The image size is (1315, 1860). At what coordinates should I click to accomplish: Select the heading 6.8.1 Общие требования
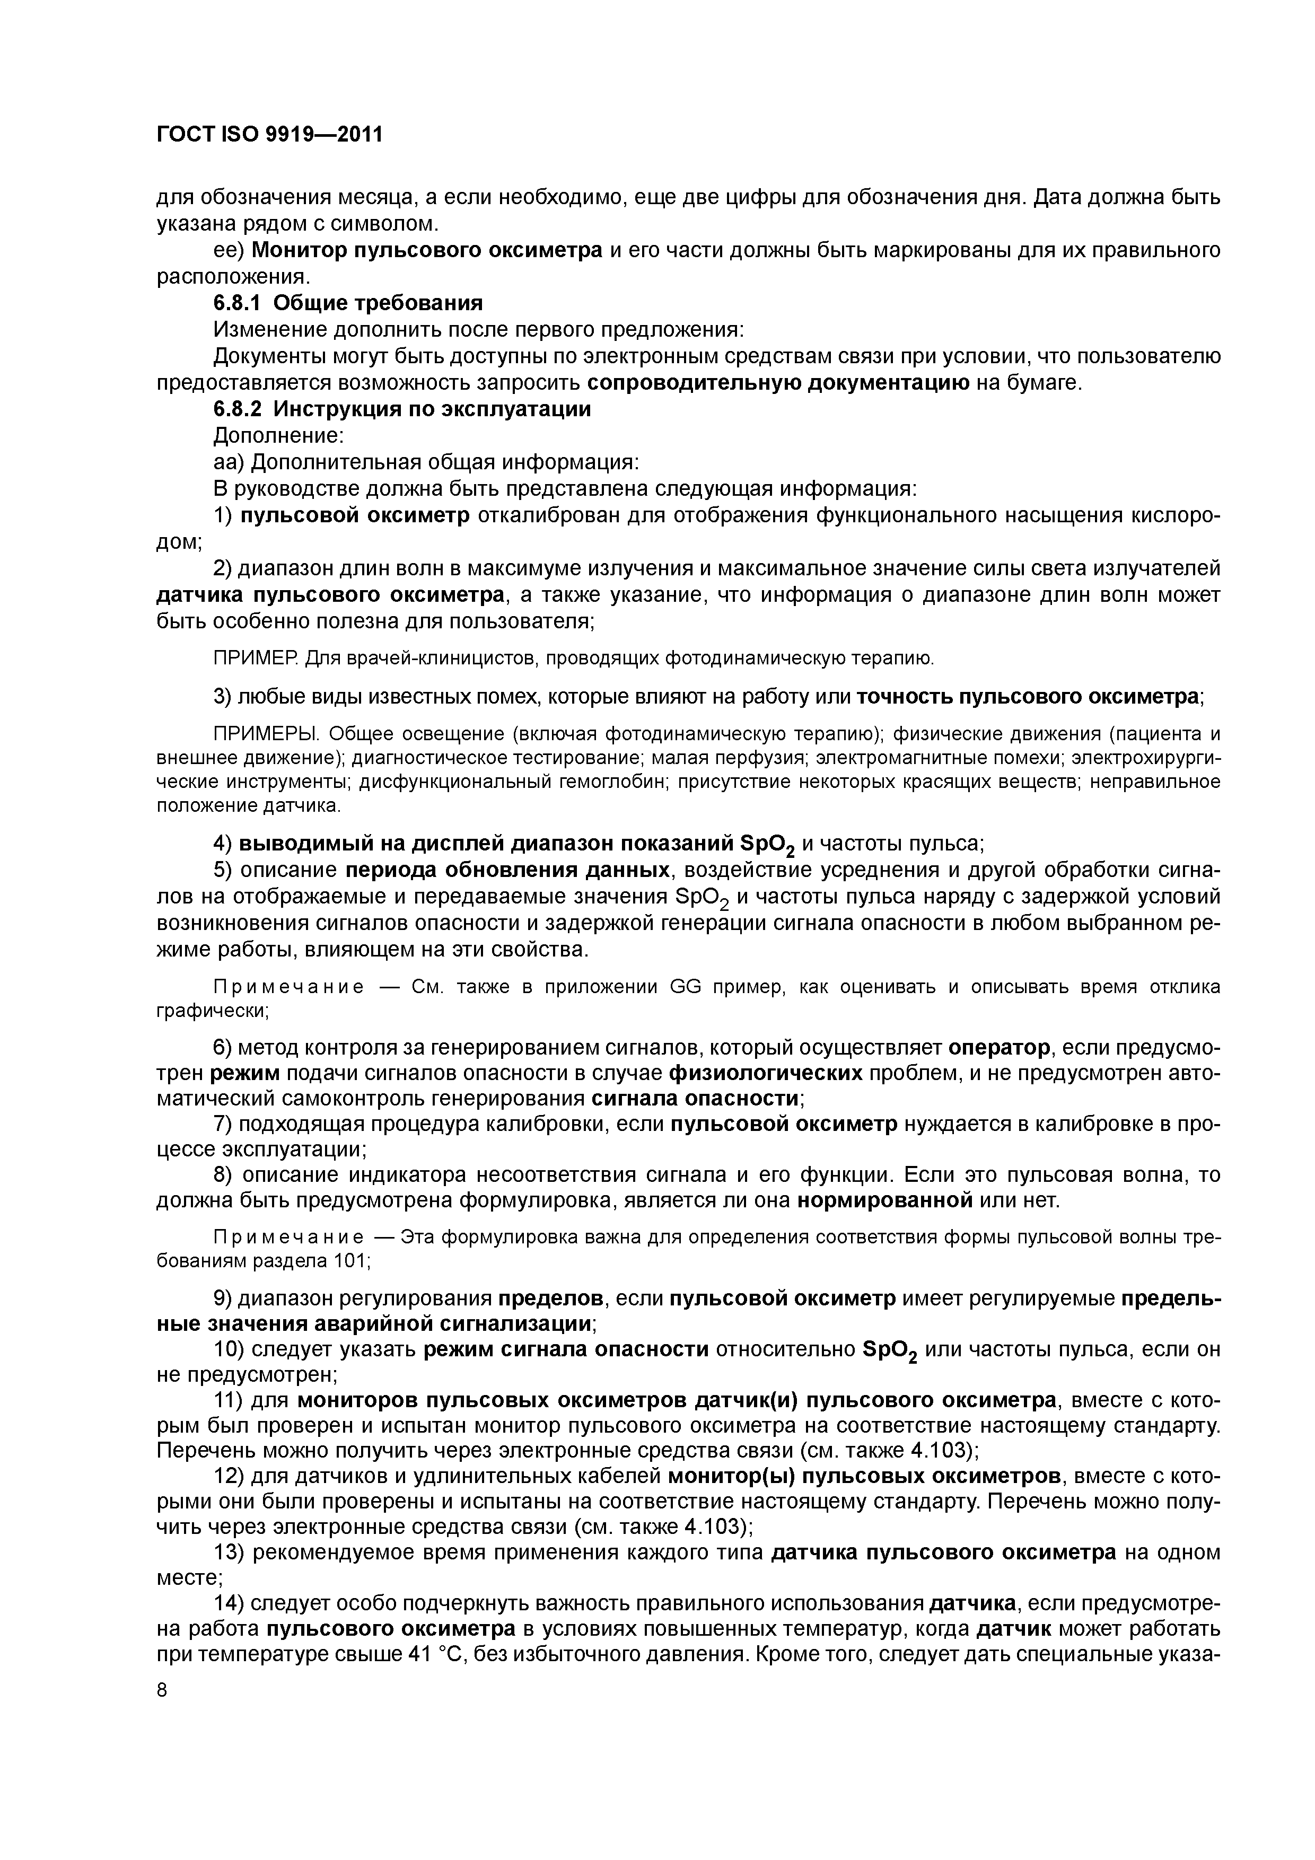click(x=348, y=303)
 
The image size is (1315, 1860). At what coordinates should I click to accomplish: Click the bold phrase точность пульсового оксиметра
click(x=1028, y=696)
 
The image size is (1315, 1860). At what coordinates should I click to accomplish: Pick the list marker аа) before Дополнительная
click(x=229, y=462)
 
